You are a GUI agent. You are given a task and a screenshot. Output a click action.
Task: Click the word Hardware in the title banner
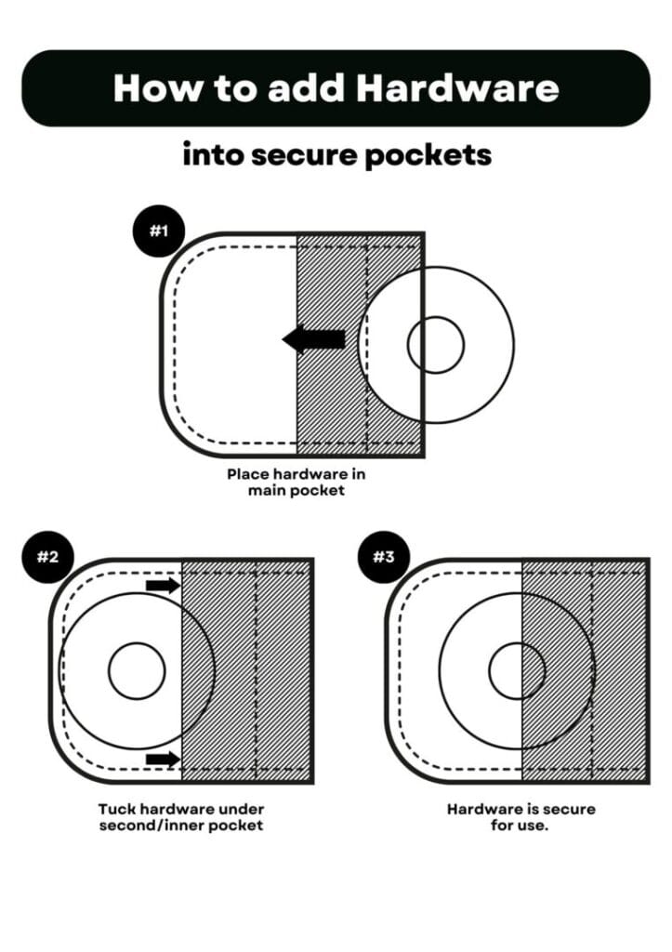(x=457, y=88)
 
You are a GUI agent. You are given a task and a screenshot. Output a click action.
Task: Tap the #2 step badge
(x=47, y=557)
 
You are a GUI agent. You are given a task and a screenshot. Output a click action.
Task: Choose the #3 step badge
(x=384, y=557)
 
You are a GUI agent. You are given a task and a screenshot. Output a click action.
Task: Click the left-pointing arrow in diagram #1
(x=313, y=339)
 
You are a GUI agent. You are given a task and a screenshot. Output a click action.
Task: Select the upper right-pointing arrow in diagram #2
(x=163, y=585)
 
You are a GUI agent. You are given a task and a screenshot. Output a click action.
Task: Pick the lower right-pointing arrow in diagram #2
(x=163, y=760)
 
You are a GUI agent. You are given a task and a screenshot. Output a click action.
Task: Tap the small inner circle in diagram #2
(x=137, y=670)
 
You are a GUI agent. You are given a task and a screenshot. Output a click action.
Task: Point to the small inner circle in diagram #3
(x=517, y=670)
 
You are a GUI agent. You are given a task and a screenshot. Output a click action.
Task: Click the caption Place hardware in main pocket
(x=296, y=482)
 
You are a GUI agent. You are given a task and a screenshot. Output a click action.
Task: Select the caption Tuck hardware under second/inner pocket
(x=181, y=817)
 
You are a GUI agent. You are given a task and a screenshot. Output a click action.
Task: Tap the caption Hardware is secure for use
(x=520, y=817)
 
